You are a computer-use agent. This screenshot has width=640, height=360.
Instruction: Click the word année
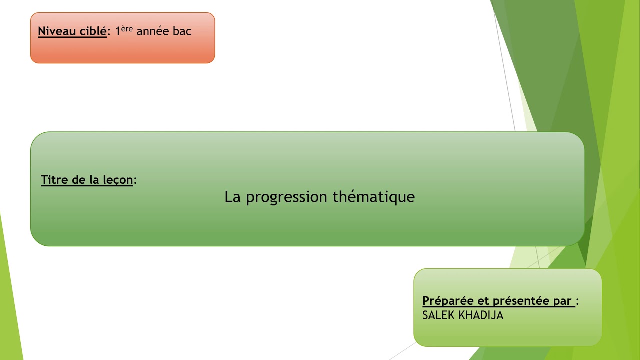click(153, 31)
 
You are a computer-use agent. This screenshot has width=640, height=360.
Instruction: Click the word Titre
click(54, 180)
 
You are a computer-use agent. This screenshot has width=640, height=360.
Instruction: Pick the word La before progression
click(233, 197)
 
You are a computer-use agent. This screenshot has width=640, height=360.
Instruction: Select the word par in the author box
click(562, 301)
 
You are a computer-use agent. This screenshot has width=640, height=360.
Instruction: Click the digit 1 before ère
click(118, 31)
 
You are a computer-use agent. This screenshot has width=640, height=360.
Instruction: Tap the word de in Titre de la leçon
click(78, 180)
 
